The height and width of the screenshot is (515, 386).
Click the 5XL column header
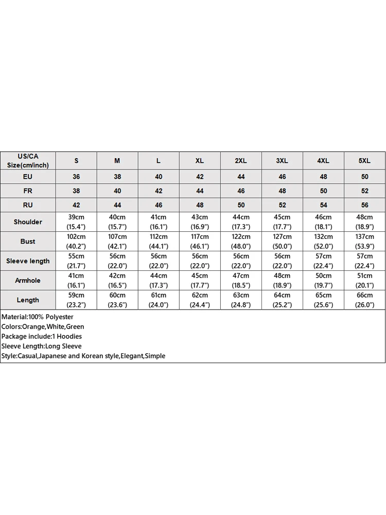pos(364,161)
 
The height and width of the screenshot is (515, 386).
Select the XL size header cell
pos(200,161)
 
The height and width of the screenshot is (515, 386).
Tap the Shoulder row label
pos(28,222)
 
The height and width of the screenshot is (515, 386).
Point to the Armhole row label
pos(28,281)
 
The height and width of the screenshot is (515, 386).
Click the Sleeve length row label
pos(28,261)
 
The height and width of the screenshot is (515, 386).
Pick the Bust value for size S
pos(76,242)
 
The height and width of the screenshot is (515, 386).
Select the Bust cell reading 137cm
pos(364,242)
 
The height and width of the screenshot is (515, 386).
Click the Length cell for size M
pos(117,300)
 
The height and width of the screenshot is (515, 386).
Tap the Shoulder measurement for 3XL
pos(282,222)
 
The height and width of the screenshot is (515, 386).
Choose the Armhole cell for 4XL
pos(323,281)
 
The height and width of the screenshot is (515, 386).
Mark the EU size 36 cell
pos(76,177)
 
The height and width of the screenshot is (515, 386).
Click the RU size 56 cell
pos(364,205)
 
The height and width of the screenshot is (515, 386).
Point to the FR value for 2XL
pos(241,191)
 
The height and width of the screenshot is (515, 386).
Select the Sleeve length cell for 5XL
pos(364,261)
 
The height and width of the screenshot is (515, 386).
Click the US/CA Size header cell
pos(28,161)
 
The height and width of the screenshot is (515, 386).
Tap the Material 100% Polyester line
pos(38,317)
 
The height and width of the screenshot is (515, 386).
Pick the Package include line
pos(42,336)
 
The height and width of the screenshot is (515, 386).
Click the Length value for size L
pos(159,300)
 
